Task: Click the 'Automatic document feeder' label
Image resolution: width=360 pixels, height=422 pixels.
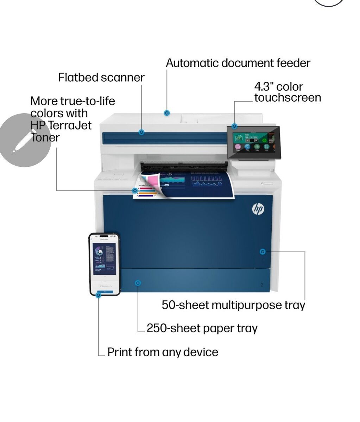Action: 238,63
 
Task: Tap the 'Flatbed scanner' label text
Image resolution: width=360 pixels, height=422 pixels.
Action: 101,77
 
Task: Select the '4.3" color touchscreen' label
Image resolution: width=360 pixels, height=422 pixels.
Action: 288,92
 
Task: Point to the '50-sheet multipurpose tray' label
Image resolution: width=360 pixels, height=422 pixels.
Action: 233,305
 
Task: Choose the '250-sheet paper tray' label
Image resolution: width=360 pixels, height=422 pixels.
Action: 202,328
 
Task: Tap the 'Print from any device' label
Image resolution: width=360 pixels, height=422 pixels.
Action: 163,352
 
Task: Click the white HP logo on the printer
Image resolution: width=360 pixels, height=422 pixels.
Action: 258,209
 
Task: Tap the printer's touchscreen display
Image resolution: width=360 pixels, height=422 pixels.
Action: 253,142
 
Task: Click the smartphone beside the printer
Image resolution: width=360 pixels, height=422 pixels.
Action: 105,264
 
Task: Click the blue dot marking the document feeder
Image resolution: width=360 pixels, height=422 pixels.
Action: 167,113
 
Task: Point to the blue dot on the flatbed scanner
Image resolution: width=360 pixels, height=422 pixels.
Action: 141,132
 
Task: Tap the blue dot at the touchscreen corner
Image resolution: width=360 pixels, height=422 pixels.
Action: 234,126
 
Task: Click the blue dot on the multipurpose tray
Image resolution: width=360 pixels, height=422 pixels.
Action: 262,251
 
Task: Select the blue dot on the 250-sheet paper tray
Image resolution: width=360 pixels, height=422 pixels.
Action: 138,283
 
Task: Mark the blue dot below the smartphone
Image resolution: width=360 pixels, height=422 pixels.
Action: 99,295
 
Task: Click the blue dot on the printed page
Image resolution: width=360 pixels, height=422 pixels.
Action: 135,191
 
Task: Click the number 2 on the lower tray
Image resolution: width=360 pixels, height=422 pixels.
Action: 261,285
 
